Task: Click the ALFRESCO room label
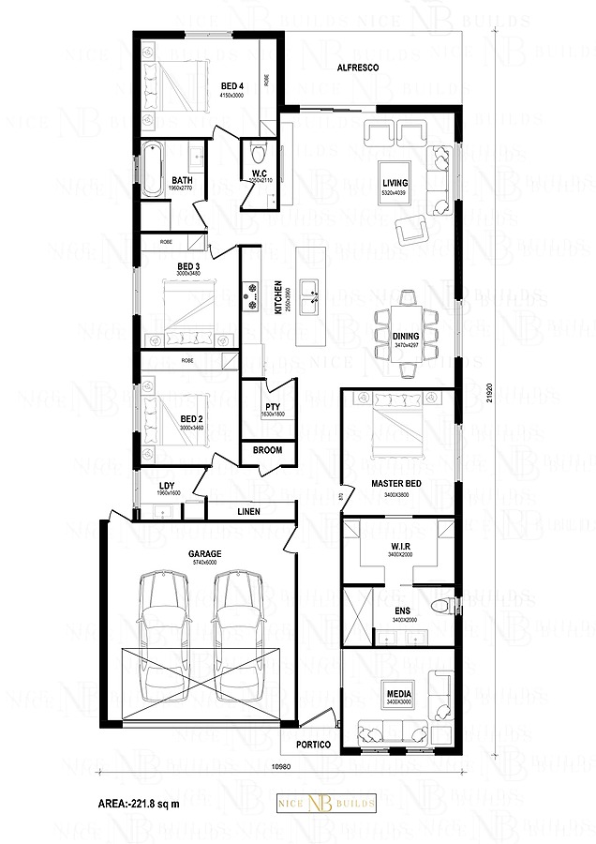pyautogui.click(x=357, y=68)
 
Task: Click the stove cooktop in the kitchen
pyautogui.click(x=251, y=299)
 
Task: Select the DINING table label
pyautogui.click(x=407, y=335)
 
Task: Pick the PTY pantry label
pyautogui.click(x=269, y=406)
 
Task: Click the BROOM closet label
pyautogui.click(x=268, y=450)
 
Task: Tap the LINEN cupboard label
pyautogui.click(x=249, y=511)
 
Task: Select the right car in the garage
pyautogui.click(x=236, y=638)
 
